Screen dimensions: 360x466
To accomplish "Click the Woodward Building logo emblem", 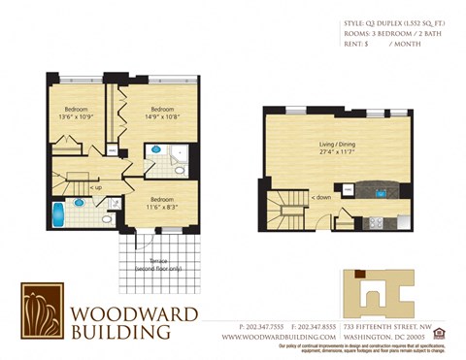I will point(43,311).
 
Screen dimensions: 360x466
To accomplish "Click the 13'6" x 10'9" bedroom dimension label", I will point(78,114).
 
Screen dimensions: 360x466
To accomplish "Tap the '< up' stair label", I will point(94,186).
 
